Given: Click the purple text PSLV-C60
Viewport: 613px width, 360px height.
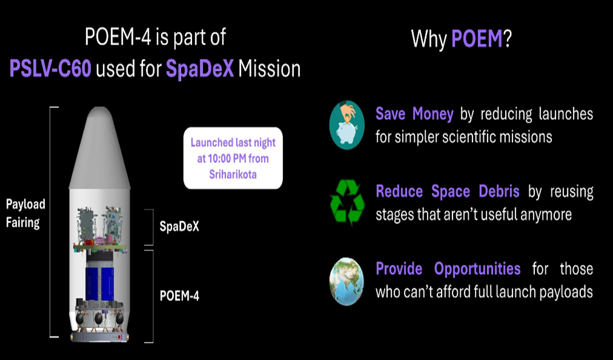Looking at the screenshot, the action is click(x=50, y=69).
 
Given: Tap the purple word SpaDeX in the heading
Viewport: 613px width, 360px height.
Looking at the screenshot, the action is click(x=200, y=69).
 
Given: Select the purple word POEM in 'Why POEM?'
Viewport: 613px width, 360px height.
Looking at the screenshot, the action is click(x=477, y=39).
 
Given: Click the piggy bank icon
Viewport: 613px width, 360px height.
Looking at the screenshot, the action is click(x=346, y=125).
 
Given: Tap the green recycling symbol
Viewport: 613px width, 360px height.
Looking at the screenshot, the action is click(x=346, y=202).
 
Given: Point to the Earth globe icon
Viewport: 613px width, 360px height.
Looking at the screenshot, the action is click(x=346, y=281).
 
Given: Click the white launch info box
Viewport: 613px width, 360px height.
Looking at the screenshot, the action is click(x=233, y=158).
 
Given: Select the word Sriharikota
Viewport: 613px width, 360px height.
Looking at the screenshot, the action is click(x=233, y=174).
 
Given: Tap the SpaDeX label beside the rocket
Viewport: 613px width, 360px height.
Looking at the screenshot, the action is click(x=179, y=226).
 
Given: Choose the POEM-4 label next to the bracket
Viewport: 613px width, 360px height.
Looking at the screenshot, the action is click(x=179, y=296).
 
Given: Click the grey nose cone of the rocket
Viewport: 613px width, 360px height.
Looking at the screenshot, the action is click(x=100, y=148).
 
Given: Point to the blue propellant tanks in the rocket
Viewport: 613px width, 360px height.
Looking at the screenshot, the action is click(x=100, y=284).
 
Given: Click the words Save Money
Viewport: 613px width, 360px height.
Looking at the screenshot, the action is click(x=414, y=114).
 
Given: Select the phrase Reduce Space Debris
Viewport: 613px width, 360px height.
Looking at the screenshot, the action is click(x=448, y=192).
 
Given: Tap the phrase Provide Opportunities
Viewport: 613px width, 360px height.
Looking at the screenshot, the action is click(x=448, y=269).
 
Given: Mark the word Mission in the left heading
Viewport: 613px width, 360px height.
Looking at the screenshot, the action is click(x=270, y=69).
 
